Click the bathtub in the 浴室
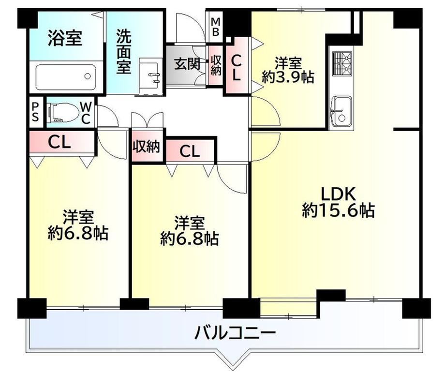pyautogui.click(x=66, y=77)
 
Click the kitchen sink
pyautogui.click(x=342, y=111)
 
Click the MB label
pyautogui.click(x=215, y=27)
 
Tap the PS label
pyautogui.click(x=35, y=112)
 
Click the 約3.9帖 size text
pyautogui.click(x=288, y=77)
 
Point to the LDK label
pyautogui.click(x=338, y=194)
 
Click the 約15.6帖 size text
pyautogui.click(x=338, y=210)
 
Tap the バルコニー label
pyautogui.click(x=235, y=332)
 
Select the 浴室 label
pyautogui.click(x=65, y=38)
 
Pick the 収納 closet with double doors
pyautogui.click(x=147, y=147)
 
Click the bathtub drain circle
pyautogui.click(x=88, y=76)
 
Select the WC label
pyautogui.click(x=86, y=113)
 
